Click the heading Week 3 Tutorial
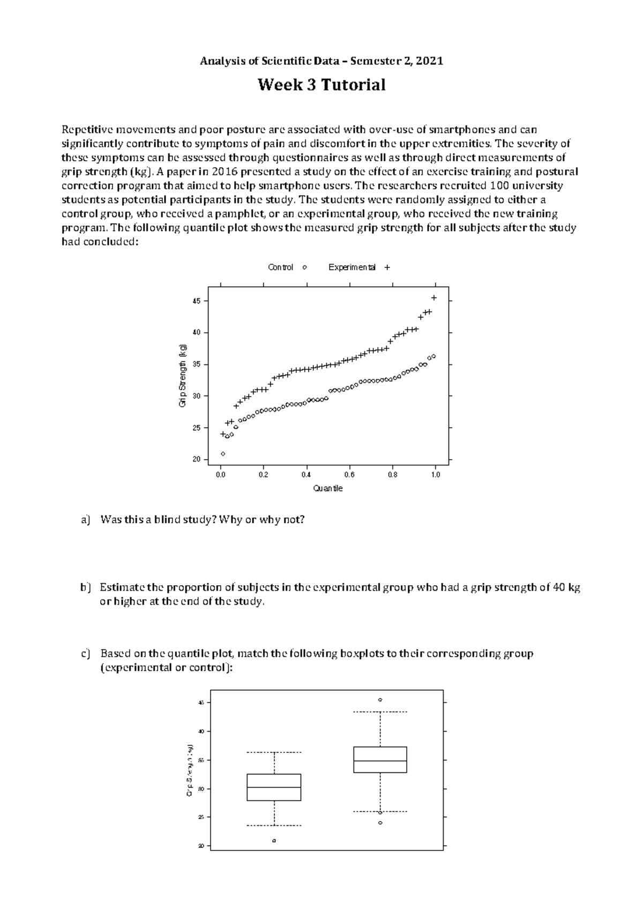tap(322, 85)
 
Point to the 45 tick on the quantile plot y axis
tap(196, 301)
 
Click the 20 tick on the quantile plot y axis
tap(196, 460)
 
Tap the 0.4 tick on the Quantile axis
tap(306, 475)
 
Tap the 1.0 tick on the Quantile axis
tap(435, 475)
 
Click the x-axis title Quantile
tap(327, 488)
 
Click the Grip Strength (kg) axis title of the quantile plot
tap(183, 375)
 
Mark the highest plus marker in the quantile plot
tap(434, 297)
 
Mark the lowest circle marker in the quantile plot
tap(223, 454)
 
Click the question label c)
tap(85, 654)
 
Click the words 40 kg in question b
tap(567, 587)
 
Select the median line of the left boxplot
tap(274, 787)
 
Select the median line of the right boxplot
tap(380, 761)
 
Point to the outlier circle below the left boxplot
tap(274, 841)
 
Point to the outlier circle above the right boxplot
tap(380, 700)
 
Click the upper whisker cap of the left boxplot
tap(274, 752)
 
